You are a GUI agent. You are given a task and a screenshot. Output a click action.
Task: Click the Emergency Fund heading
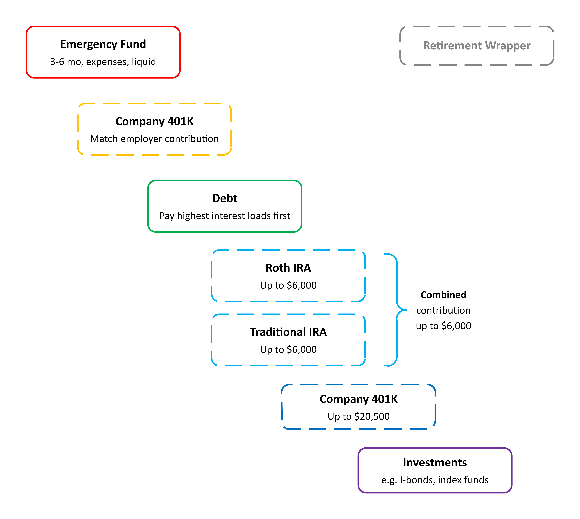click(103, 44)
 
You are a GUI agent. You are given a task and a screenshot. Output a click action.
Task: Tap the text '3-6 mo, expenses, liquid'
click(103, 62)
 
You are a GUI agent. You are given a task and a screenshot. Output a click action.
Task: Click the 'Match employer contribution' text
click(154, 139)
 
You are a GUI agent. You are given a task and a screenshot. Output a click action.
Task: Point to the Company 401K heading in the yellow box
click(154, 121)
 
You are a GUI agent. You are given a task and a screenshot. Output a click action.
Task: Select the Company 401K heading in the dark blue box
click(358, 399)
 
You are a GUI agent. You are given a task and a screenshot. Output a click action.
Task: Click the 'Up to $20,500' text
click(358, 416)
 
